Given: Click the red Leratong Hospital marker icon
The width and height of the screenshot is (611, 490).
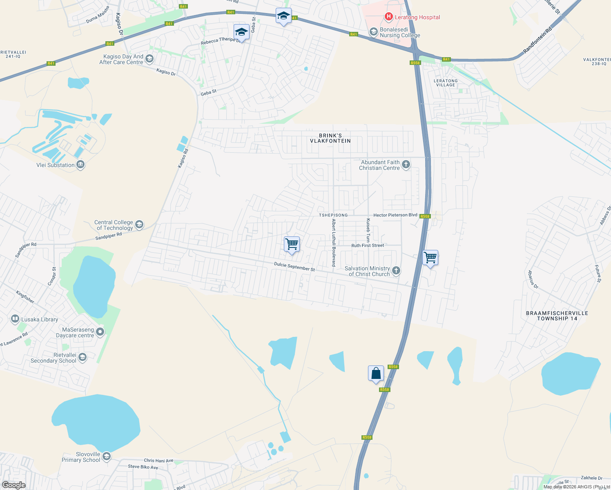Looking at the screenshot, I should point(388,17).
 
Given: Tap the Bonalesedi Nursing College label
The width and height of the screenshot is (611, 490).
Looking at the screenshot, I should point(400,32).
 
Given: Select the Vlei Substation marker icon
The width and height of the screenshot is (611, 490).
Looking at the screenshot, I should point(80,165).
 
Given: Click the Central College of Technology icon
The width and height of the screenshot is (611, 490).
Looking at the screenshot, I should point(139,225).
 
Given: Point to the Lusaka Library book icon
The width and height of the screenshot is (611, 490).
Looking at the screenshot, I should point(15,319).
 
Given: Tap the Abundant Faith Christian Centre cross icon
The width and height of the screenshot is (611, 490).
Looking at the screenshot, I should point(406,165).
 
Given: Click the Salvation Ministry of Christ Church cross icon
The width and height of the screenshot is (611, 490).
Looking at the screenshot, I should point(396,271).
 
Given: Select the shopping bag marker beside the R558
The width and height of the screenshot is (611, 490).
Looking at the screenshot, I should point(376,373).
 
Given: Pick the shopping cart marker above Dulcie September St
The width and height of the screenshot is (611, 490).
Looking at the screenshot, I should point(292,244).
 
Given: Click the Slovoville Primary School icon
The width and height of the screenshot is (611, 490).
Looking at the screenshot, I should point(107,457).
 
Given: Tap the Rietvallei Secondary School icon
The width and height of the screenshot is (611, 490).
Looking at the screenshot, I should point(83,358).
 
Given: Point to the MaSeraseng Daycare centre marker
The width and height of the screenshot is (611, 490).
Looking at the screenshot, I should point(100,332).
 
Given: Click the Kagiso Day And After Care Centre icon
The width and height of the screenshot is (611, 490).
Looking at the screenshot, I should point(149,59).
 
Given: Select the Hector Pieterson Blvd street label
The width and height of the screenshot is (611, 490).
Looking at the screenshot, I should point(395,215).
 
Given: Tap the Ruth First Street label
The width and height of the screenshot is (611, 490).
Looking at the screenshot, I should point(368,245).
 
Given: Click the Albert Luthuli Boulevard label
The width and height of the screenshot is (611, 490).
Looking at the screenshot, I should point(334,243).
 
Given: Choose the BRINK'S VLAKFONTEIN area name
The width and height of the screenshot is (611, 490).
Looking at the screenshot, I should point(330,138).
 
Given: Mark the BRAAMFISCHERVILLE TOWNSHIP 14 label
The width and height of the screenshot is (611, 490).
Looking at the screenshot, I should point(557,316).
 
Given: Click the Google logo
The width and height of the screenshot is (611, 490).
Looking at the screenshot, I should point(13,485).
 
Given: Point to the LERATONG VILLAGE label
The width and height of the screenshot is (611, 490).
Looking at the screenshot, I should point(446,83).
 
